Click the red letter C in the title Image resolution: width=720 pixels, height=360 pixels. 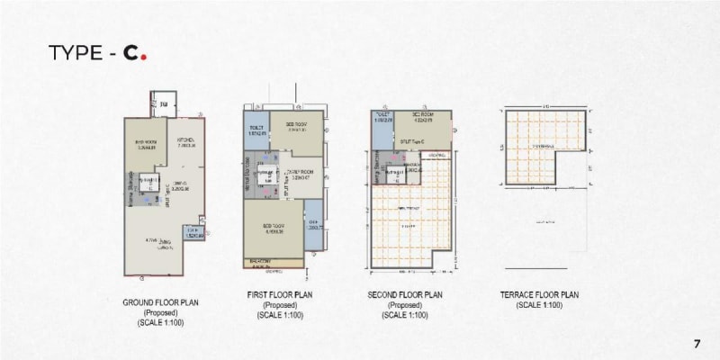point(130,55)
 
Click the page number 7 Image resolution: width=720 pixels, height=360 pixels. point(697,344)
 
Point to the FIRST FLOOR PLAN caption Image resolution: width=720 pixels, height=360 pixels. point(280,295)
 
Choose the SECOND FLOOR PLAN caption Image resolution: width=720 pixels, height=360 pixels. point(404,295)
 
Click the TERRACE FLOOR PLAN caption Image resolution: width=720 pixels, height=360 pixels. point(540,295)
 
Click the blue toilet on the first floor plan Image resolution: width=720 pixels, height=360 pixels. point(256,132)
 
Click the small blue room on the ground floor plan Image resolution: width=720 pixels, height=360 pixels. point(193,231)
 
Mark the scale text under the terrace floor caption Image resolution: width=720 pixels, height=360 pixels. point(539,306)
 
